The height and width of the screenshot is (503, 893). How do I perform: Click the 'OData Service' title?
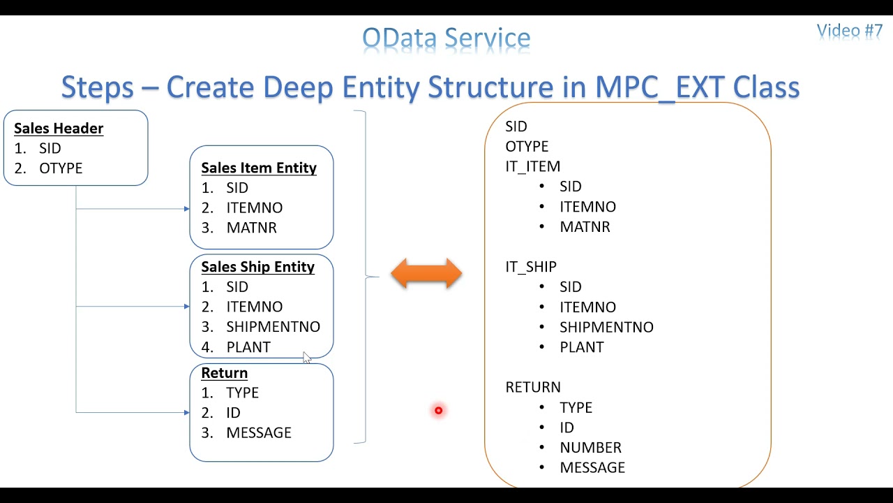tap(446, 38)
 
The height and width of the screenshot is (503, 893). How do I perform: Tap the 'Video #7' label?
tap(849, 31)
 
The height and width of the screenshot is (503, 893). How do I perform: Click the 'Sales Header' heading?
tap(59, 129)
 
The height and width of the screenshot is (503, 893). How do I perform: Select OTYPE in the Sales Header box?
tap(61, 168)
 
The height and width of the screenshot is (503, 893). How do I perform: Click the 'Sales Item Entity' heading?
tap(259, 168)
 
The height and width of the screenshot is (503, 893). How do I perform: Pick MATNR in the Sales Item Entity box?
tap(251, 228)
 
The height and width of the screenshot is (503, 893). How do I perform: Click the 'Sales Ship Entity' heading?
tap(257, 267)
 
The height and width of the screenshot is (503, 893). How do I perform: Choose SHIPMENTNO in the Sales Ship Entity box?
tap(273, 327)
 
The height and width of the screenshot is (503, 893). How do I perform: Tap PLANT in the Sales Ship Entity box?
tap(248, 347)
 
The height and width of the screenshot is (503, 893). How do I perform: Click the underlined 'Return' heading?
tap(224, 373)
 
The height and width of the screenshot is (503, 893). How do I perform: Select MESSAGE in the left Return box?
tap(258, 433)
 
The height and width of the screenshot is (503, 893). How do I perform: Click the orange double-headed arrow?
tap(426, 274)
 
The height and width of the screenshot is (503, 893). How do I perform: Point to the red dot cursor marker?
tap(438, 411)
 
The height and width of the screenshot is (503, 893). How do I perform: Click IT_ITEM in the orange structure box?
tap(532, 166)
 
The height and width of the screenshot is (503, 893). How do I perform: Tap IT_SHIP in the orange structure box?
tap(530, 267)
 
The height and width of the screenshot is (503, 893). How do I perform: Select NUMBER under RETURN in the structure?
tap(590, 448)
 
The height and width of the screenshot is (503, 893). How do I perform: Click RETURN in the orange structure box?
tap(532, 387)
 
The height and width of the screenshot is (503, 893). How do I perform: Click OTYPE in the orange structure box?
tap(527, 147)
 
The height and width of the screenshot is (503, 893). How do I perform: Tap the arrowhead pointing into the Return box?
tap(186, 413)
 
